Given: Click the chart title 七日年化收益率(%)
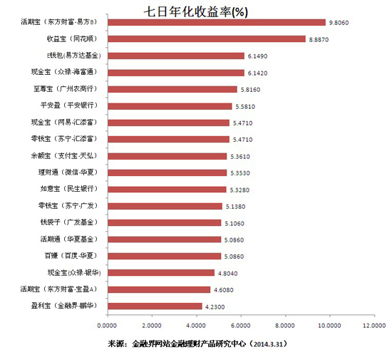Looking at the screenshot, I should (197, 11).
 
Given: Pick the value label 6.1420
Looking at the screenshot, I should (257, 72).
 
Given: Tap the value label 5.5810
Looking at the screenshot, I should (244, 106).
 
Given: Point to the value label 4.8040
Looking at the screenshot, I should (227, 272).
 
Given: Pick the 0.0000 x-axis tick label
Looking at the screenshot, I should (107, 324).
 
